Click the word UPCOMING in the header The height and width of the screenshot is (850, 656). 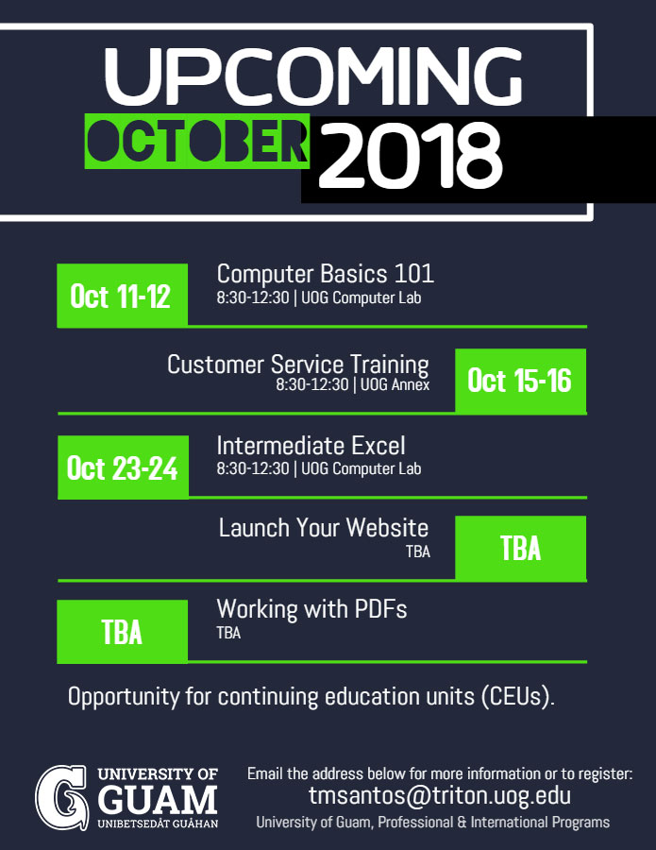[313, 76]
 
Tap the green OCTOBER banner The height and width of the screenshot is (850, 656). [197, 141]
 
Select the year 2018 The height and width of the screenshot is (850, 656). [410, 155]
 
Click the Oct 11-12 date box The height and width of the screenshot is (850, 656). [123, 296]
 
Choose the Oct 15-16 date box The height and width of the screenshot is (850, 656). [521, 381]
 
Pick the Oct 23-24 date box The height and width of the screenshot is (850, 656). [123, 467]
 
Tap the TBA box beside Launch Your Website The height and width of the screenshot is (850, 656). [521, 548]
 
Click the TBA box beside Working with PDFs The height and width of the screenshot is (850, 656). [123, 632]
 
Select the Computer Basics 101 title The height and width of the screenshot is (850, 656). [325, 274]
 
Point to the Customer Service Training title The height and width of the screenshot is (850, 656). [298, 365]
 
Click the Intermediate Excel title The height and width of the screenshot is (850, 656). [311, 446]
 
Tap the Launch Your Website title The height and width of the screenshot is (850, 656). [324, 527]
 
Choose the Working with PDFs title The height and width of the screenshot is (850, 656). [311, 609]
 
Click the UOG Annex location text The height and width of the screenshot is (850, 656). [395, 385]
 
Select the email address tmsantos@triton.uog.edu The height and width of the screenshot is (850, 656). [439, 795]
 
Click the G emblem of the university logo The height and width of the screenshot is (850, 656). [61, 797]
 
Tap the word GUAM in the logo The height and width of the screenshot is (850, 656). [158, 799]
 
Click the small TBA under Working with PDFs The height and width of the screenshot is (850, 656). [228, 633]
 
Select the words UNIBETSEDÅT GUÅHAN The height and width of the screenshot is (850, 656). [158, 824]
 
